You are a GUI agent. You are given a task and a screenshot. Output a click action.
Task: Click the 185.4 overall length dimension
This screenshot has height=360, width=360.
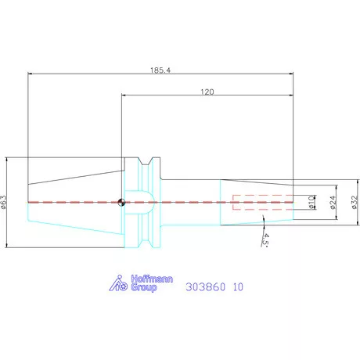pos(160,70)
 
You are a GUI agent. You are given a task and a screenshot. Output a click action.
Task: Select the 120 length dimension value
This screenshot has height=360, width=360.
pos(207,92)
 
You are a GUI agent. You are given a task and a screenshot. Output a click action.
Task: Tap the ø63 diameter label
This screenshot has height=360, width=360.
pos(4,202)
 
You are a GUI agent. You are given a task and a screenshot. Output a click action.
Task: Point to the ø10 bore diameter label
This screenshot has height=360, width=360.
pos(311,203)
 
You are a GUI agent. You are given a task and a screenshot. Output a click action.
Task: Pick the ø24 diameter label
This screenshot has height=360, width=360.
pos(333,203)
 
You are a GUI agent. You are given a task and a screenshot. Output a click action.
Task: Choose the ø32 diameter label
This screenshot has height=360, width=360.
pos(354,202)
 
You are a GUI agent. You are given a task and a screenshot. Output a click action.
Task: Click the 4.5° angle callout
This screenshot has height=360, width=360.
pos(265,239)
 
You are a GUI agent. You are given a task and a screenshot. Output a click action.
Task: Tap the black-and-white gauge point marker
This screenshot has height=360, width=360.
pos(121,202)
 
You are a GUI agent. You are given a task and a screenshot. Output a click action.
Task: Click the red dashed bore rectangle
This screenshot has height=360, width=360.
pos(263,202)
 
